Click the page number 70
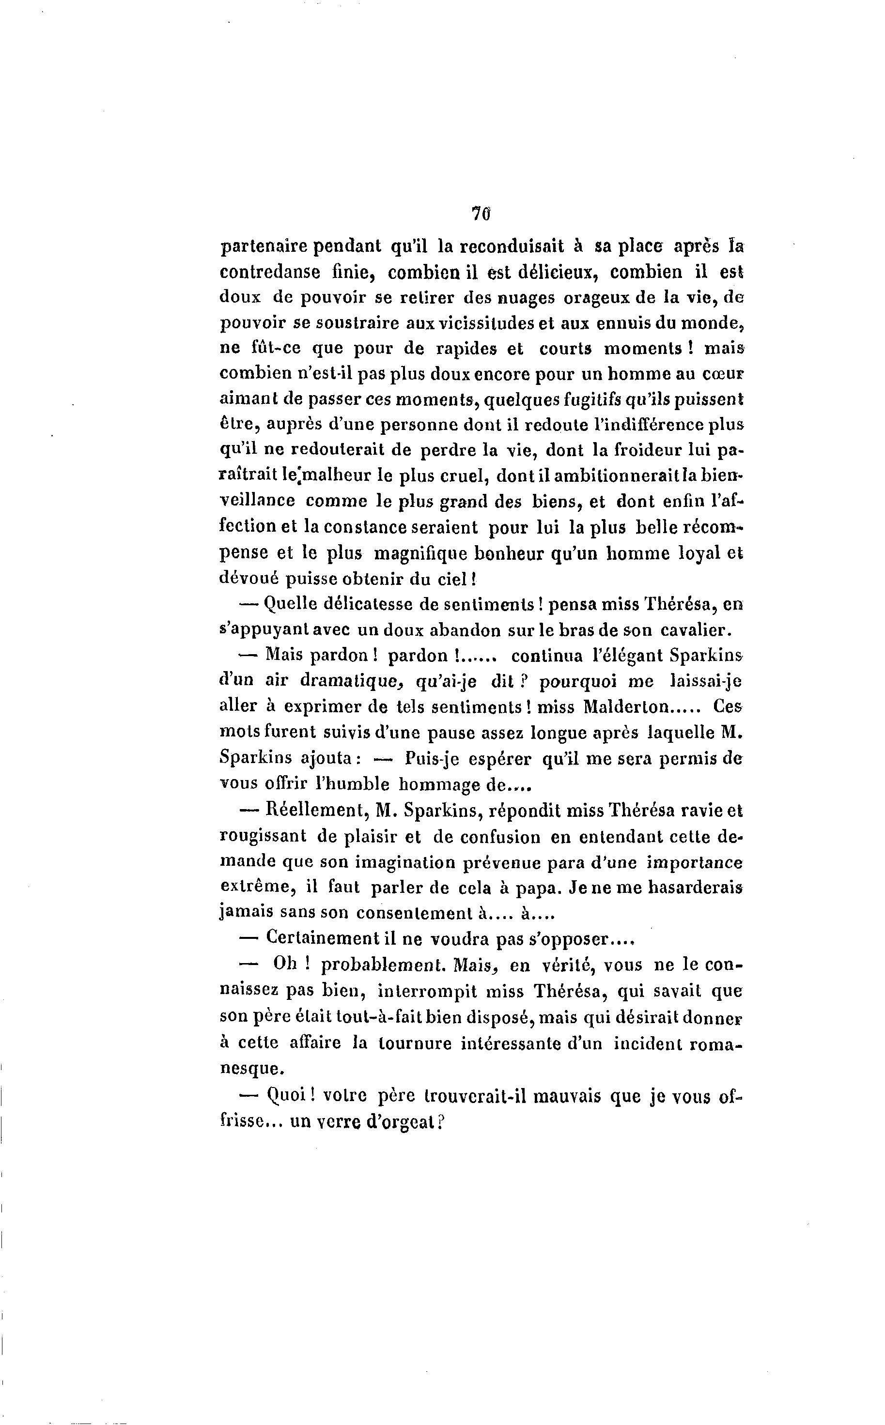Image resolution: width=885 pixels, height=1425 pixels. pyautogui.click(x=481, y=214)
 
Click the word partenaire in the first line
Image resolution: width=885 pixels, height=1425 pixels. pyautogui.click(x=264, y=247)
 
